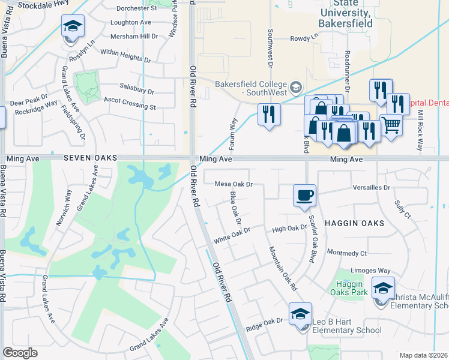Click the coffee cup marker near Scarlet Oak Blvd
[304, 195]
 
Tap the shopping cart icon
[391, 125]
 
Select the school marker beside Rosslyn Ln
[73, 26]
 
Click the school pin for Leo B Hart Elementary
[301, 314]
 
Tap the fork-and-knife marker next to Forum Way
[269, 114]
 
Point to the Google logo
[20, 353]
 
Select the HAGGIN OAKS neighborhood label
[354, 223]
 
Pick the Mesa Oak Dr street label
[234, 184]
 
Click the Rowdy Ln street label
[305, 37]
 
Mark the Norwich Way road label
[68, 200]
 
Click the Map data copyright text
[423, 355]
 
